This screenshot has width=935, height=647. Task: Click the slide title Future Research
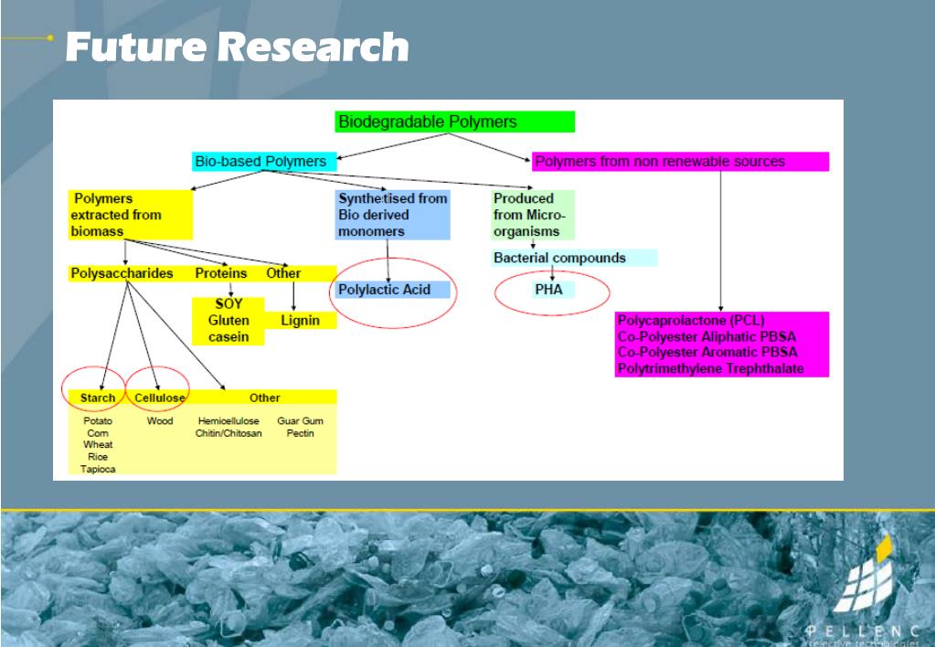pyautogui.click(x=237, y=47)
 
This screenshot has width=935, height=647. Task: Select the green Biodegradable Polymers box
pyautogui.click(x=454, y=122)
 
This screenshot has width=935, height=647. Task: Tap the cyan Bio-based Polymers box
pyautogui.click(x=264, y=162)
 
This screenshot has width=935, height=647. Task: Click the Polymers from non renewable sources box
pyautogui.click(x=679, y=162)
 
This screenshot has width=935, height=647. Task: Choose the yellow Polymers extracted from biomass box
pyautogui.click(x=130, y=215)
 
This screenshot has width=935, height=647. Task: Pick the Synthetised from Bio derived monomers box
pyautogui.click(x=393, y=215)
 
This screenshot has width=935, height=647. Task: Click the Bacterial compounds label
pyautogui.click(x=559, y=258)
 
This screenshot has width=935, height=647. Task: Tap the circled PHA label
pyautogui.click(x=549, y=290)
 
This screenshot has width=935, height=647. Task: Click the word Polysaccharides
pyautogui.click(x=122, y=273)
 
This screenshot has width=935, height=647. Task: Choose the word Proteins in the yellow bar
pyautogui.click(x=220, y=273)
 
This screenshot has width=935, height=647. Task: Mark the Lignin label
pyautogui.click(x=300, y=321)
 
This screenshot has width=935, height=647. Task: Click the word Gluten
pyautogui.click(x=228, y=321)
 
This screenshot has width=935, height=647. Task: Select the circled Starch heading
pyautogui.click(x=98, y=398)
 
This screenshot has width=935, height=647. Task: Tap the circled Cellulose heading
pyautogui.click(x=160, y=398)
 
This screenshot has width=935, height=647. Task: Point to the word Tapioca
pyautogui.click(x=98, y=469)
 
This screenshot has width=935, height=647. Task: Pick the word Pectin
pyautogui.click(x=300, y=433)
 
